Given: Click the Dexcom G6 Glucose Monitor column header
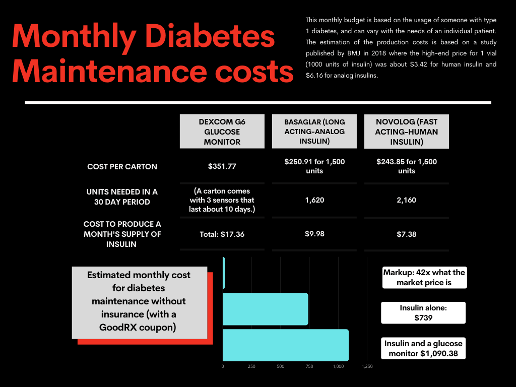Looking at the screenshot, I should [x=222, y=131].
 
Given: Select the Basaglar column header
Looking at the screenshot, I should [x=314, y=132].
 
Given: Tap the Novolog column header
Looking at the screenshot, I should [x=406, y=132].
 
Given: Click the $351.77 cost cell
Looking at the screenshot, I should [x=222, y=166].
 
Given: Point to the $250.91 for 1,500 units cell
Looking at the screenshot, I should [x=314, y=166].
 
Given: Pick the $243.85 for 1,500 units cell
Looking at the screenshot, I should [x=406, y=166].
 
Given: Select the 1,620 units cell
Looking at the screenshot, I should [x=314, y=200].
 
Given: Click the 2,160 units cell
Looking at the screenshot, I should [x=406, y=200].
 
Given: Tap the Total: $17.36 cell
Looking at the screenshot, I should [x=222, y=234].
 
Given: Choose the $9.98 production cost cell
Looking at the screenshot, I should [x=314, y=234].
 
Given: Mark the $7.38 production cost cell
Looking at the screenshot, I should [x=406, y=234].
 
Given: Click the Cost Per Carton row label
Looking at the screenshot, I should [x=122, y=166].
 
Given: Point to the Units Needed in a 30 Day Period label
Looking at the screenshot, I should [x=122, y=197].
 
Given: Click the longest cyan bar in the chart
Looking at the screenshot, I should [x=285, y=345].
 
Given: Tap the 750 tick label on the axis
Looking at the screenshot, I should [x=309, y=366].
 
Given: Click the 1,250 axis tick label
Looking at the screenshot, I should [x=367, y=366].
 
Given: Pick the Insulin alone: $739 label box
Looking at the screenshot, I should [x=423, y=313].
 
